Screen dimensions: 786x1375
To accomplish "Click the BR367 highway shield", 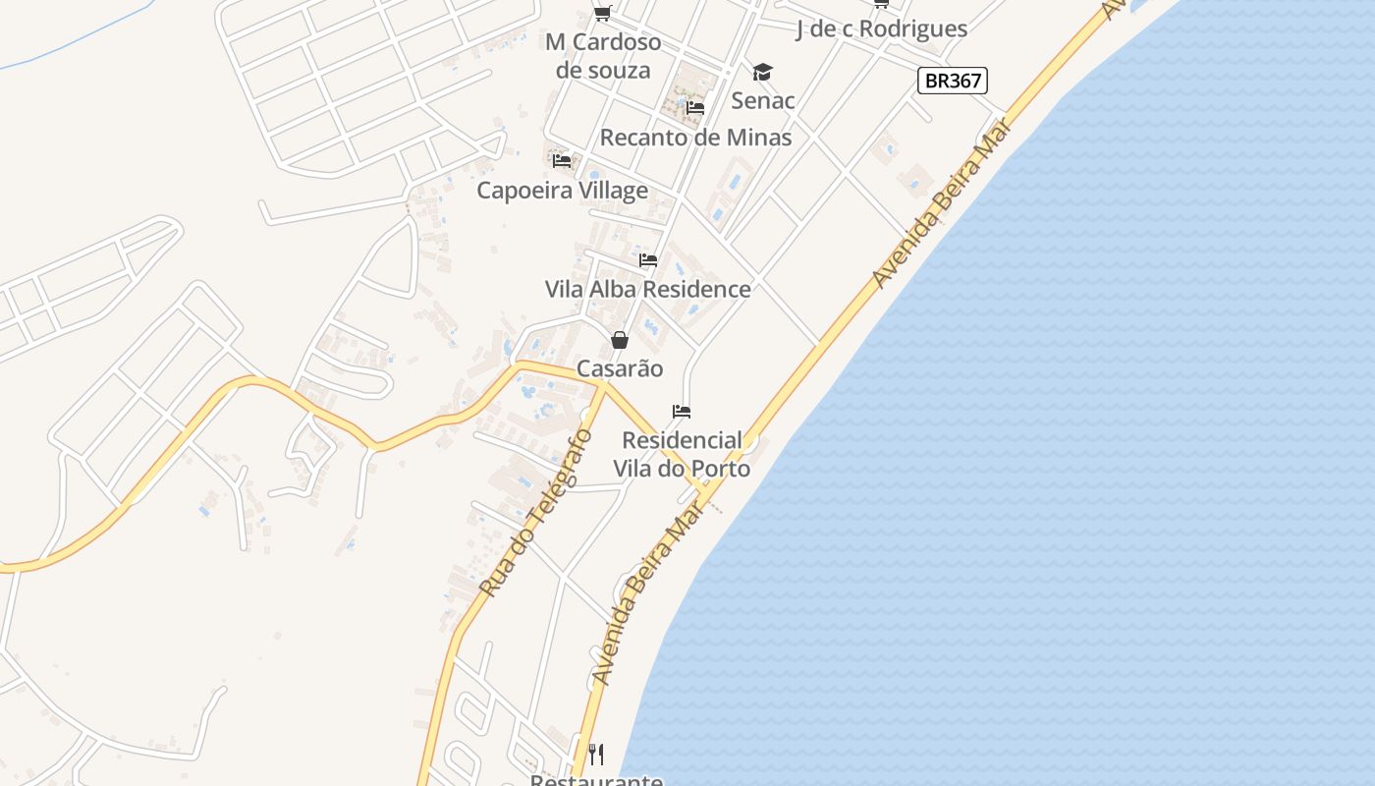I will point(952,81).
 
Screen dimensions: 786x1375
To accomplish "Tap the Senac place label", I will point(763,100).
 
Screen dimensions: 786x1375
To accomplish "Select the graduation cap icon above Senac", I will point(763,72).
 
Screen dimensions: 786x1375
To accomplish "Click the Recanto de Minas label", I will point(695,138).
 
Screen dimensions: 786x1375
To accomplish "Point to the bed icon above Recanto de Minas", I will point(695,107).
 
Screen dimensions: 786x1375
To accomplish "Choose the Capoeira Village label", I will point(562,191).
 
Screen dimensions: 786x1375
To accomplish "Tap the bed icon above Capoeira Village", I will point(562,160).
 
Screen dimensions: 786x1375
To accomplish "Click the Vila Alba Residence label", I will point(648,289).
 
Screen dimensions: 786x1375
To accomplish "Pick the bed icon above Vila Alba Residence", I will point(648,260).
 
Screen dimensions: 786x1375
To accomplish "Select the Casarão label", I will point(620,368).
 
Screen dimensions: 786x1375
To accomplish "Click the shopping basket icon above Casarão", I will point(620,340).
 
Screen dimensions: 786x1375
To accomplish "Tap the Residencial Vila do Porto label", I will point(682,454).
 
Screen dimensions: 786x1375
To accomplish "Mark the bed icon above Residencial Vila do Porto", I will point(682,411).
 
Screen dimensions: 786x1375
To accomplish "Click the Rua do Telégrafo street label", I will point(536,513).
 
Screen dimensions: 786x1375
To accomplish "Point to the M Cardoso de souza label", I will point(603,56).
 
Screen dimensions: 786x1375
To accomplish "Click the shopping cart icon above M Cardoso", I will point(602,13).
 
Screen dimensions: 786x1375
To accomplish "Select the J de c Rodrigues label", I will point(881,29).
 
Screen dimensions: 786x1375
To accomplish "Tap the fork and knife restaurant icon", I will point(595,755).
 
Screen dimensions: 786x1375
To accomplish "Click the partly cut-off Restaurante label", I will point(596,779).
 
